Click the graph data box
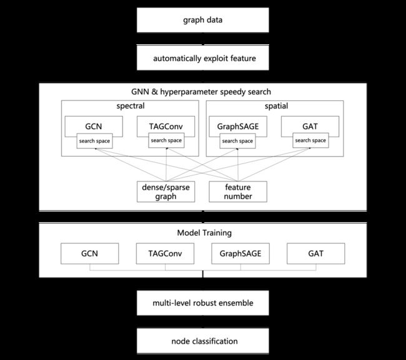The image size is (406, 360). [203, 20]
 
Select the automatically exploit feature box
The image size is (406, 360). [203, 57]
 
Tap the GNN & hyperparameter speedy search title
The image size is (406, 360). [201, 92]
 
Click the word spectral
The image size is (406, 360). [131, 106]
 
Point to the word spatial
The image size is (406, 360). [276, 106]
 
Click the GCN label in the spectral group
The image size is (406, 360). [94, 127]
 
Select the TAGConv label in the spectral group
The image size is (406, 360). [166, 127]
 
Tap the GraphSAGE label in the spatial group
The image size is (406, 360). [238, 127]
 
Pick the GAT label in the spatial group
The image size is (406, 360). [310, 127]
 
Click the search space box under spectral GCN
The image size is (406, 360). [94, 141]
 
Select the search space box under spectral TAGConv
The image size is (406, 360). [166, 140]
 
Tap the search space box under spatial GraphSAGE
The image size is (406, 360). [237, 141]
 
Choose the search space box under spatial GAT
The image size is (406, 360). [310, 140]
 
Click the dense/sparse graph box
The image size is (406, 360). [166, 192]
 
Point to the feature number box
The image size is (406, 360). [238, 192]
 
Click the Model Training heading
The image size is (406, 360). [204, 233]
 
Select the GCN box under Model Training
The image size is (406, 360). [89, 253]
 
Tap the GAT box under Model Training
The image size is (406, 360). [316, 253]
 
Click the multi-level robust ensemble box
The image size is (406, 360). [203, 303]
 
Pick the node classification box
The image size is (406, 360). [203, 341]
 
